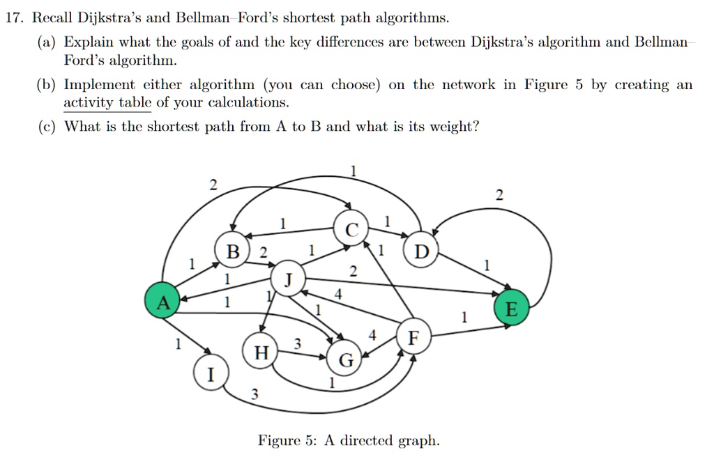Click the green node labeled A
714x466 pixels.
[162, 301]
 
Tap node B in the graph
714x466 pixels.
[232, 250]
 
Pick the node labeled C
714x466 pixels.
[351, 228]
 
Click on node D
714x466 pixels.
[421, 250]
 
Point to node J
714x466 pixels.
[288, 278]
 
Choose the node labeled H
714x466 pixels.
[261, 351]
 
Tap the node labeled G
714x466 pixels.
[344, 358]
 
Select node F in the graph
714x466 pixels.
[413, 337]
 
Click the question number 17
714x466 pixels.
[14, 17]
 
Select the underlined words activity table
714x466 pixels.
[107, 102]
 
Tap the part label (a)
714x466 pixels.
[47, 42]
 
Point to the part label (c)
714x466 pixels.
[47, 126]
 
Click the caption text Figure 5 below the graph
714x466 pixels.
[287, 440]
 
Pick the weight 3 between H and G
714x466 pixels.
[297, 343]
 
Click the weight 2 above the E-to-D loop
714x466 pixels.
[499, 195]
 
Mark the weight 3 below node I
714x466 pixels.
[255, 393]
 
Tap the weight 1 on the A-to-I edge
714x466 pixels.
[178, 343]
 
